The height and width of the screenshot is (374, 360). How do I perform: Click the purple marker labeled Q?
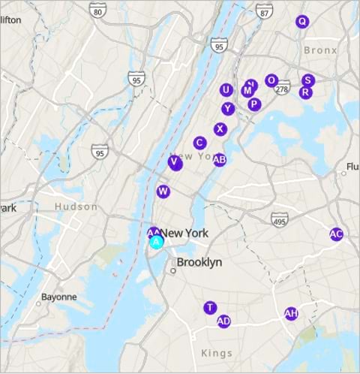(x=302, y=22)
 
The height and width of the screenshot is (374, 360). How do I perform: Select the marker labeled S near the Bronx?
(x=307, y=80)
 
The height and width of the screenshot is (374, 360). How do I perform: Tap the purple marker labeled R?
(x=304, y=92)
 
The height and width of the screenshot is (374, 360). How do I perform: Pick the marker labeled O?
(x=271, y=80)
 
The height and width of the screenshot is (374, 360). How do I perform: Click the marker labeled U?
(x=226, y=90)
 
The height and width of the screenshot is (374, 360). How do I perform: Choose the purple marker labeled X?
(x=220, y=129)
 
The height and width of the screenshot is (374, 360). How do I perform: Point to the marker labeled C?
(x=199, y=143)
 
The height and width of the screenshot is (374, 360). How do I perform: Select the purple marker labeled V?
(x=175, y=162)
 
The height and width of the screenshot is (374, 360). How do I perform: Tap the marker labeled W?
(x=163, y=192)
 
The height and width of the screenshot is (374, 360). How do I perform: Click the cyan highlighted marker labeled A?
(x=157, y=242)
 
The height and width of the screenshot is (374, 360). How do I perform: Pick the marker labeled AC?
(x=336, y=234)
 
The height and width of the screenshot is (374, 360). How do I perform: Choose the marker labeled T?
(x=210, y=308)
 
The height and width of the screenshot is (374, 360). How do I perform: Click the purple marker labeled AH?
(x=291, y=314)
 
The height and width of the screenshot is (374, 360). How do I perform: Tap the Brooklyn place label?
(x=199, y=263)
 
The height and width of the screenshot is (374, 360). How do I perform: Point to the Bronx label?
(x=321, y=50)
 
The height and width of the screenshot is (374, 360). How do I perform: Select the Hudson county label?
(x=76, y=207)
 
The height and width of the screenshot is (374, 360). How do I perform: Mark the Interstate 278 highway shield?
(x=282, y=89)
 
